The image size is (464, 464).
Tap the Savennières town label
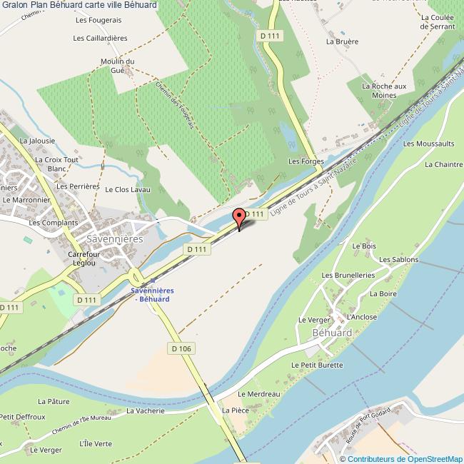tap(114, 240)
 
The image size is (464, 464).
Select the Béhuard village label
tap(332, 333)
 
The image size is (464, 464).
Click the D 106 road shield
tap(182, 348)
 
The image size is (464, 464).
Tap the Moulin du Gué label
tap(118, 66)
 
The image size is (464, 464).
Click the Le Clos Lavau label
tap(128, 190)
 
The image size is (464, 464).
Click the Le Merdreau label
tap(258, 394)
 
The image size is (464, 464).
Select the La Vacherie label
tap(146, 411)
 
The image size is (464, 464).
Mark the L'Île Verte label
tap(96, 443)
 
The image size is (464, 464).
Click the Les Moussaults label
tap(428, 143)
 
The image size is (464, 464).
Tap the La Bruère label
tap(342, 41)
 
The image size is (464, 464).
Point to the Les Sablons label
tap(398, 260)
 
